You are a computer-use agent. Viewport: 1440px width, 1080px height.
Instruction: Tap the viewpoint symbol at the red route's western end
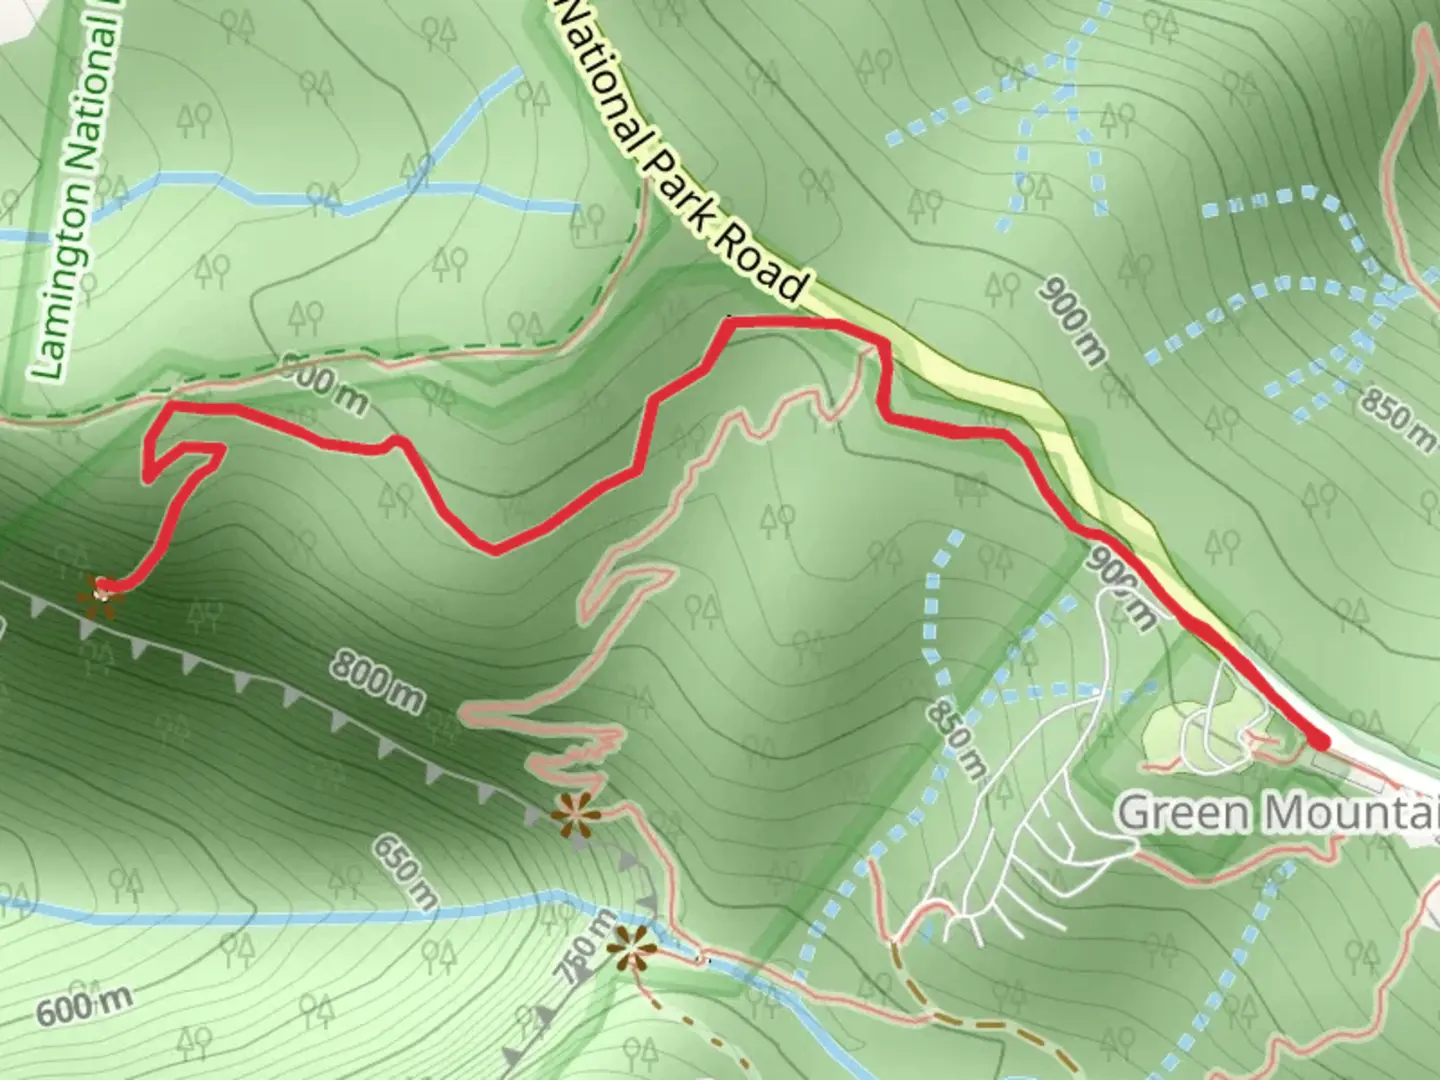tap(102, 591)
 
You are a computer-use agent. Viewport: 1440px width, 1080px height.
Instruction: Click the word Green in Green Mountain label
tap(1182, 812)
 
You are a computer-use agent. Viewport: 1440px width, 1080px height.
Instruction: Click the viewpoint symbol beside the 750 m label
tap(631, 949)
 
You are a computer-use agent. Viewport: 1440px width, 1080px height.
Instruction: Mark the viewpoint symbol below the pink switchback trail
tap(575, 815)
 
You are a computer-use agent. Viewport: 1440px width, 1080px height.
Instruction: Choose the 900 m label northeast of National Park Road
tap(1073, 319)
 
